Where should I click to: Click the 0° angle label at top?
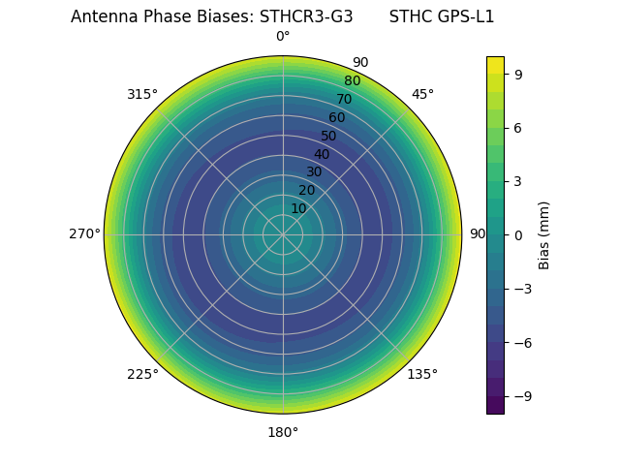click(x=283, y=37)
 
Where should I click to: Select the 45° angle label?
click(x=422, y=94)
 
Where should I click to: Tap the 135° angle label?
click(x=422, y=374)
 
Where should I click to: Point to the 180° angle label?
click(x=283, y=432)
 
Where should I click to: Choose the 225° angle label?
click(x=142, y=374)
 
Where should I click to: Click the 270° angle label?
click(x=84, y=234)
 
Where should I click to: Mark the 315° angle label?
click(x=142, y=94)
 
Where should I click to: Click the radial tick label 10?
click(x=298, y=208)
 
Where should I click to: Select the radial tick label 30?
click(x=314, y=171)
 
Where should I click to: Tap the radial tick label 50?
click(x=329, y=136)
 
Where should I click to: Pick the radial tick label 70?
click(x=344, y=99)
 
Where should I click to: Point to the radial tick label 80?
click(x=352, y=81)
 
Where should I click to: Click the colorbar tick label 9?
click(x=518, y=74)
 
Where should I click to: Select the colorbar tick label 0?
click(x=518, y=234)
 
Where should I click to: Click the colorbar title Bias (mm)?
click(x=544, y=234)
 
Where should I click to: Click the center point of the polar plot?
click(x=283, y=234)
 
